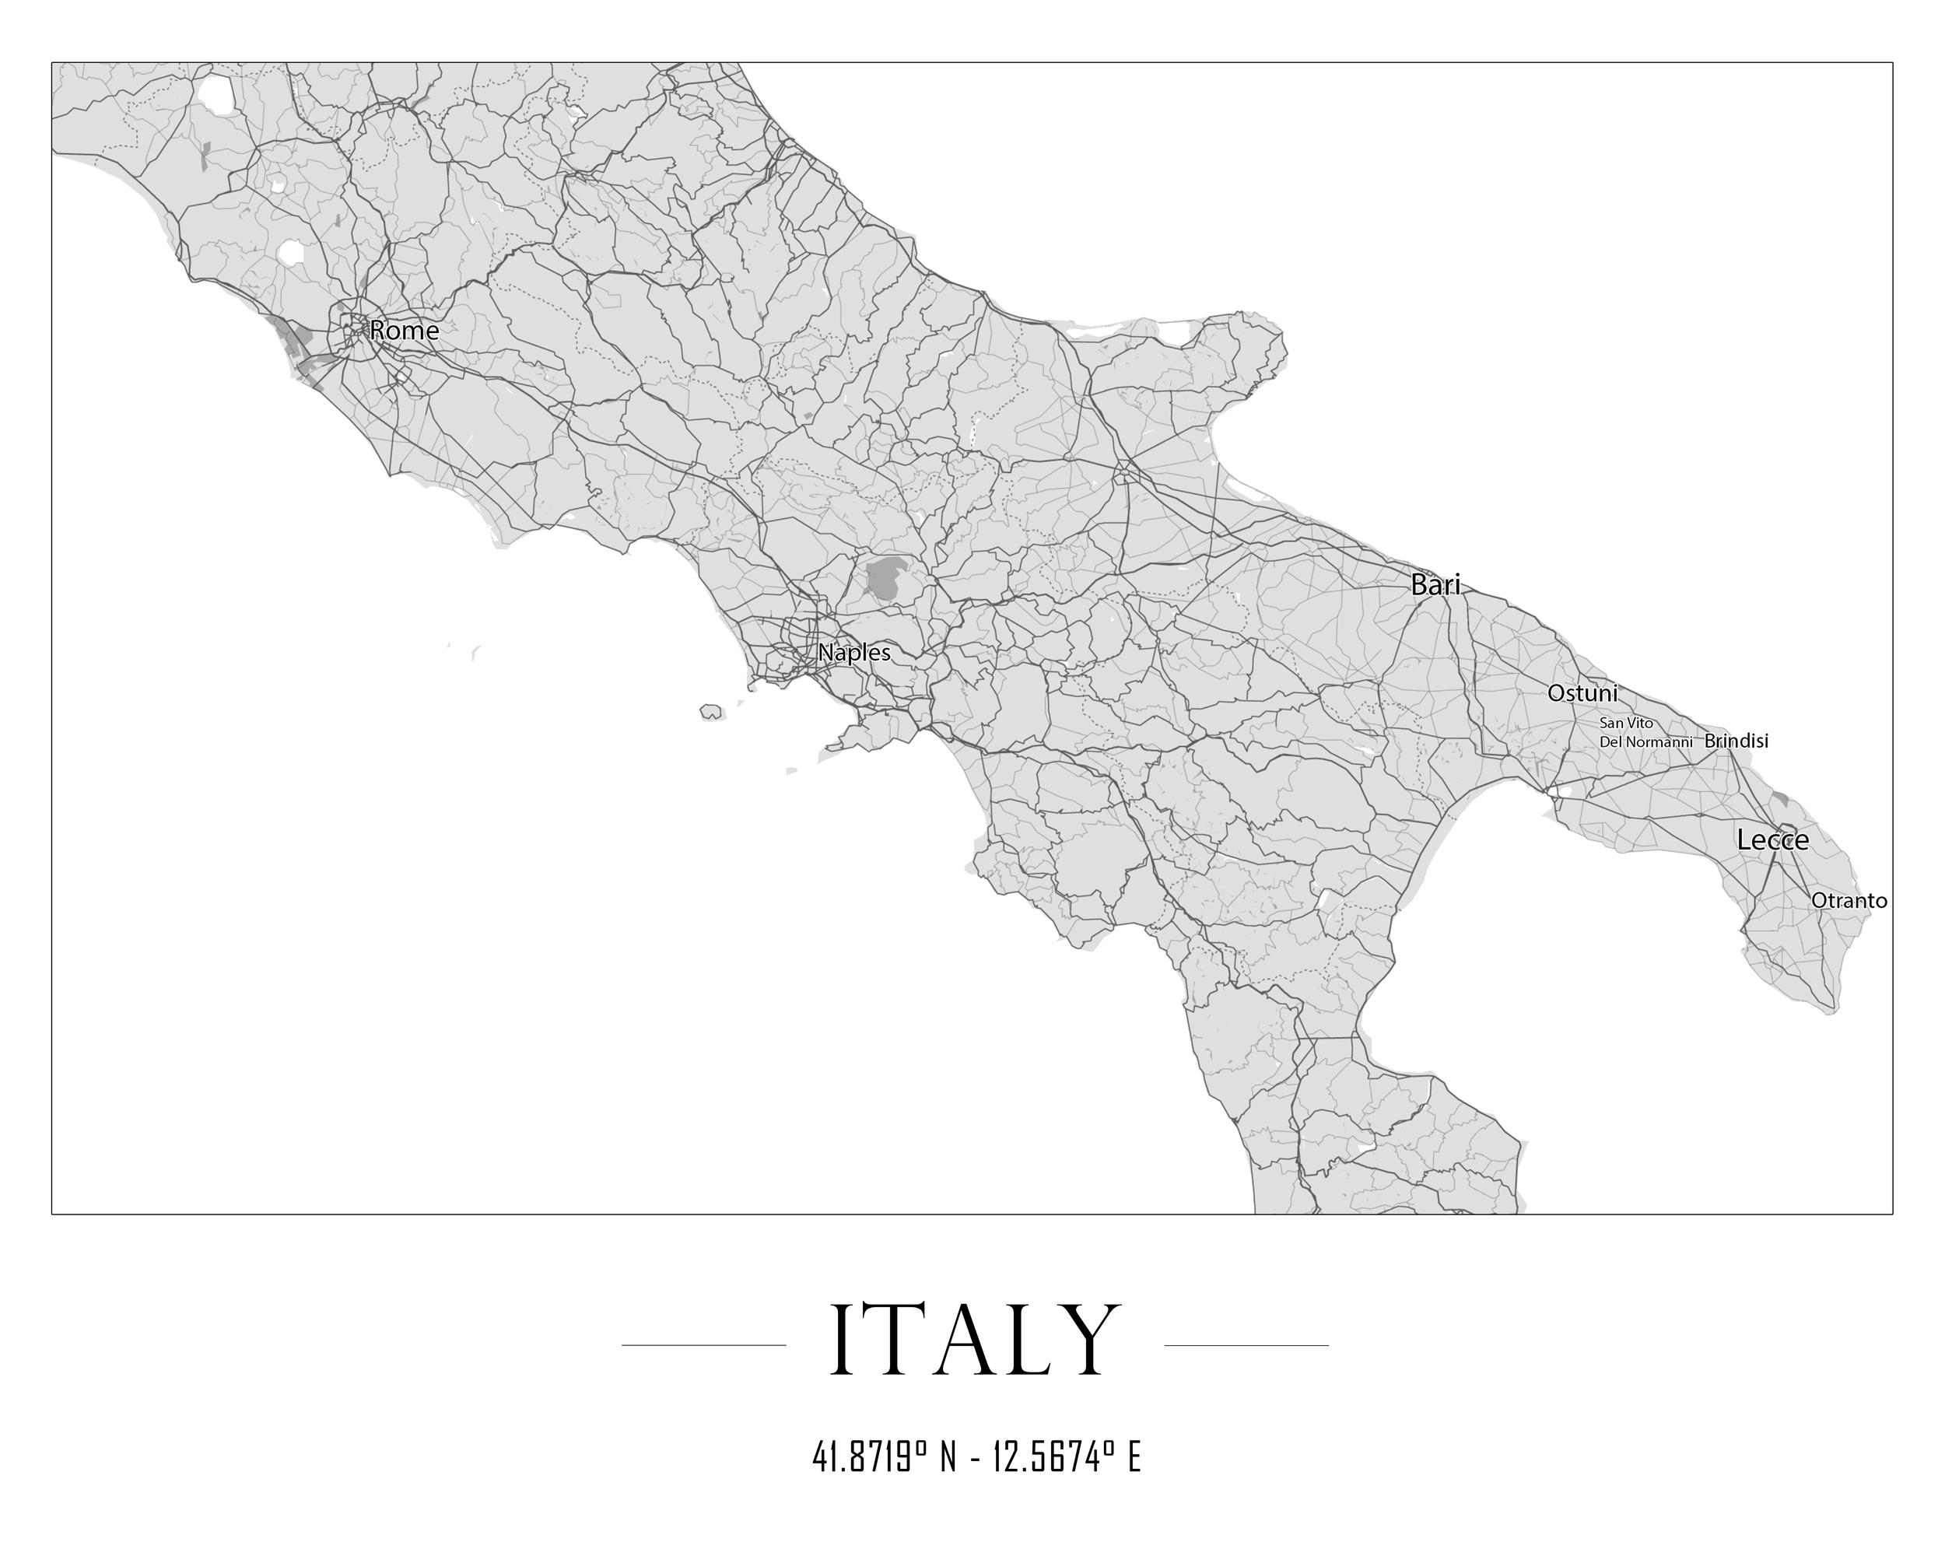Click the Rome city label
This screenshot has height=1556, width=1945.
pyautogui.click(x=404, y=331)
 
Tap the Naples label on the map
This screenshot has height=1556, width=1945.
pyautogui.click(x=853, y=653)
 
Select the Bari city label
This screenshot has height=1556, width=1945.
pyautogui.click(x=1435, y=585)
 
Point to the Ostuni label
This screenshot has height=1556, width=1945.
pyautogui.click(x=1582, y=694)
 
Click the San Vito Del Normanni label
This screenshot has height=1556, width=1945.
pyautogui.click(x=1645, y=732)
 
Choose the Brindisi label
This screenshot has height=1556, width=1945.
pyautogui.click(x=1736, y=741)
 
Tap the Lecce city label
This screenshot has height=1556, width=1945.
pyautogui.click(x=1773, y=841)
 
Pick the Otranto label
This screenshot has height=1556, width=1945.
pyautogui.click(x=1849, y=900)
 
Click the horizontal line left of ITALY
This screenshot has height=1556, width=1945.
pyautogui.click(x=703, y=1345)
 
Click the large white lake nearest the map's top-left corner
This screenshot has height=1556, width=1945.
pyautogui.click(x=216, y=94)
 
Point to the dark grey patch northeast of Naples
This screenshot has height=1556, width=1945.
pyautogui.click(x=888, y=577)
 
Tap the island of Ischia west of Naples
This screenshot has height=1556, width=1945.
pyautogui.click(x=711, y=713)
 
